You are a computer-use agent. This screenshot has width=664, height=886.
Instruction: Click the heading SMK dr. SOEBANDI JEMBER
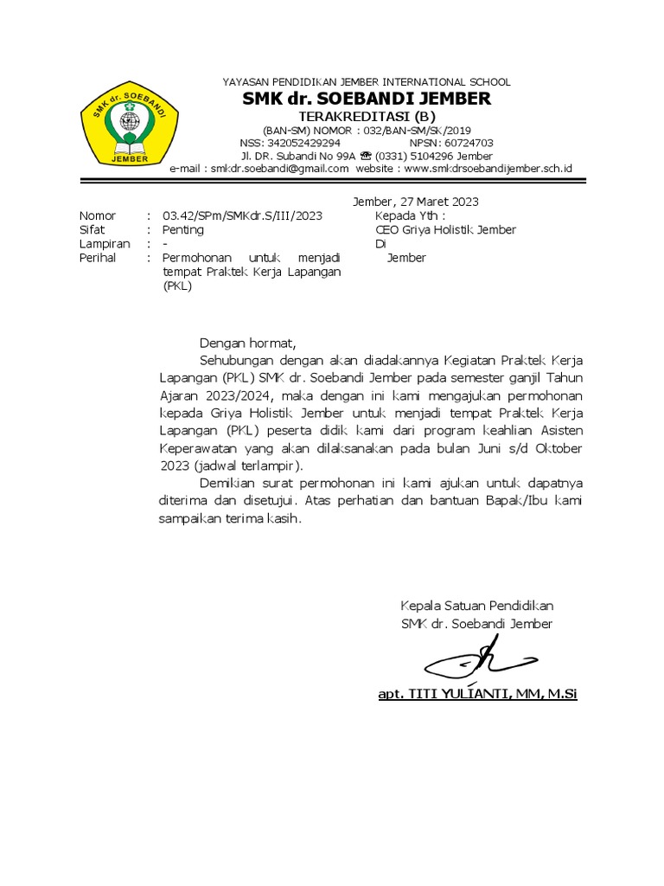[x=367, y=99]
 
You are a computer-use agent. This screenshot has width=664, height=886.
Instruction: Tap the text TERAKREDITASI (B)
[x=367, y=117]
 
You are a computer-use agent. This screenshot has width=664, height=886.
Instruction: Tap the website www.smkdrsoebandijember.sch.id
[x=488, y=169]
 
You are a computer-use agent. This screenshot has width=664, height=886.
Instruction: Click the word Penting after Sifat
[x=183, y=229]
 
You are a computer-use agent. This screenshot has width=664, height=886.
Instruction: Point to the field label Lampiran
[x=104, y=244]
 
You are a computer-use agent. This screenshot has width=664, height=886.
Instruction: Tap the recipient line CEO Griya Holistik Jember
[x=445, y=229]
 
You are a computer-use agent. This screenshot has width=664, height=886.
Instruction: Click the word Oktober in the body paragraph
[x=559, y=448]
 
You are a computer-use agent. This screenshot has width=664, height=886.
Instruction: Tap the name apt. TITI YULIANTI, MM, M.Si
[x=477, y=694]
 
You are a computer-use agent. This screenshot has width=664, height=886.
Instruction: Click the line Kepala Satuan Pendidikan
[x=476, y=606]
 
